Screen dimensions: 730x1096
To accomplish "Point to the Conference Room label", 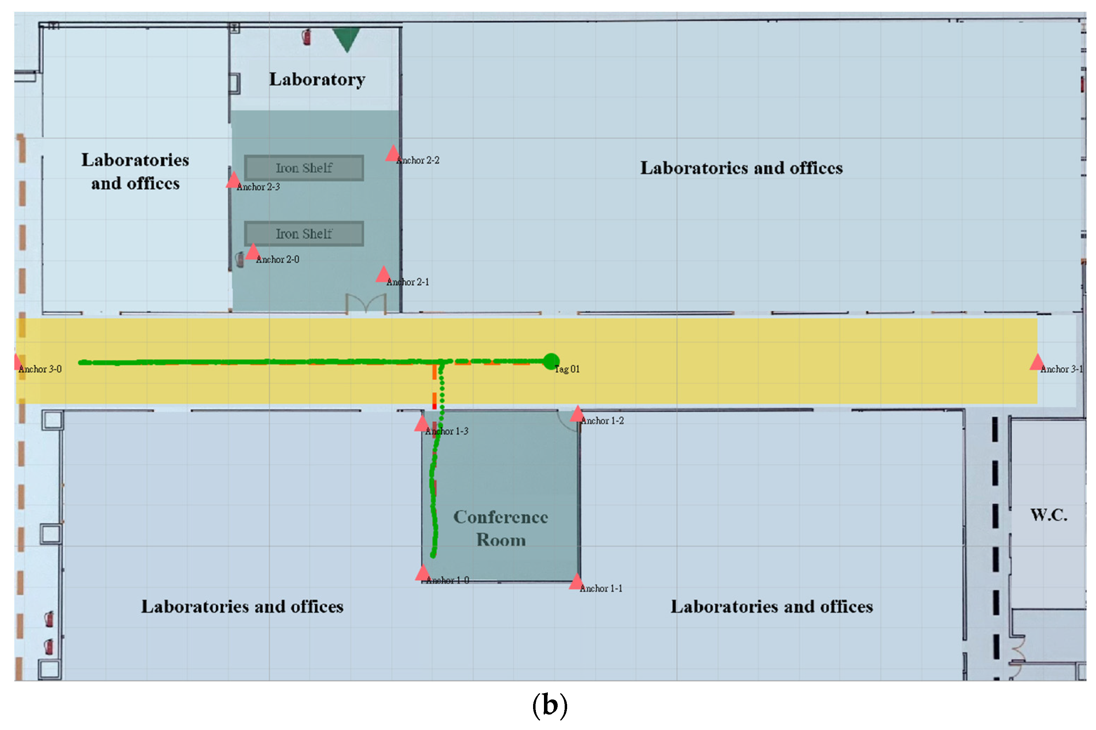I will pos(500,528).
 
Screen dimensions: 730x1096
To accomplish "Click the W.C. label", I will pos(1049,515).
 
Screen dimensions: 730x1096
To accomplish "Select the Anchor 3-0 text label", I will pos(40,369).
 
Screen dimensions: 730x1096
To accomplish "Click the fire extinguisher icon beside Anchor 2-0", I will pos(240,259).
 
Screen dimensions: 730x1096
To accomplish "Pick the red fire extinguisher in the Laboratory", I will pos(306,37).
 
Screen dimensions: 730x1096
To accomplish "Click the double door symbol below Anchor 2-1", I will pos(366,303).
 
